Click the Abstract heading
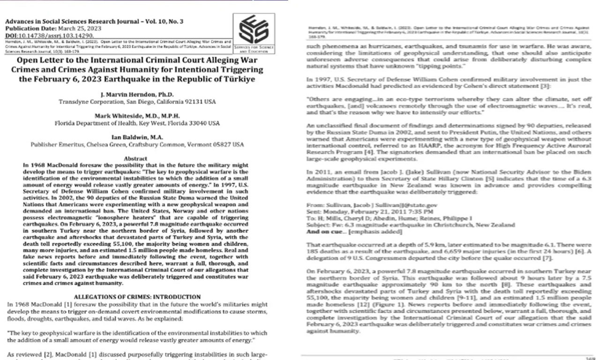pyautogui.click(x=137, y=159)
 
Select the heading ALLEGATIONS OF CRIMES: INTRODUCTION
pyautogui.click(x=137, y=297)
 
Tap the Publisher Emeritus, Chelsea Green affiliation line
pyautogui.click(x=137, y=145)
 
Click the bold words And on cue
pyautogui.click(x=321, y=232)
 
